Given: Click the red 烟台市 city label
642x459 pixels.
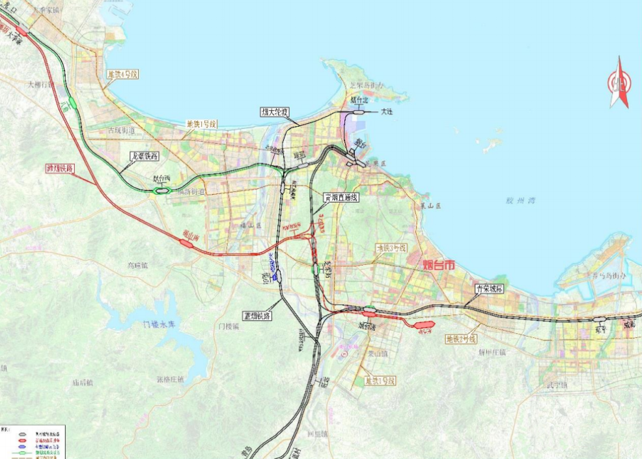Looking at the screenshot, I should pyautogui.click(x=438, y=265).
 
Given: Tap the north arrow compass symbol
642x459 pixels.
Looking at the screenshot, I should pyautogui.click(x=619, y=83).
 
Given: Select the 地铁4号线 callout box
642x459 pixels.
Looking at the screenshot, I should pyautogui.click(x=123, y=74).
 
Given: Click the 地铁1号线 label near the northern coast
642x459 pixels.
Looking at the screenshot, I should pyautogui.click(x=201, y=124).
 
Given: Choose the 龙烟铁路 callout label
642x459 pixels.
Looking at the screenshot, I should pyautogui.click(x=145, y=156).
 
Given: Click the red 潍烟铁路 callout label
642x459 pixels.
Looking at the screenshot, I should pyautogui.click(x=60, y=168).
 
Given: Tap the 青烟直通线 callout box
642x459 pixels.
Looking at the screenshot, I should pyautogui.click(x=342, y=197).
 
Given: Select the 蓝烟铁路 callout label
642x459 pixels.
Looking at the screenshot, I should pyautogui.click(x=258, y=315).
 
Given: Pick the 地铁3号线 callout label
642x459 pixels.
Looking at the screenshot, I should pyautogui.click(x=391, y=248).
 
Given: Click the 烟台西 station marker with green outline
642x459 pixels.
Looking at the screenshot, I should pyautogui.click(x=161, y=190).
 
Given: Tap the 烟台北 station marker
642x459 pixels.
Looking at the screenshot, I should pyautogui.click(x=358, y=113).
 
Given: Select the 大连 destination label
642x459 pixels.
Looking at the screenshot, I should pyautogui.click(x=387, y=112).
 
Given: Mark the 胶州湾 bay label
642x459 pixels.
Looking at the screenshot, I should pyautogui.click(x=519, y=201).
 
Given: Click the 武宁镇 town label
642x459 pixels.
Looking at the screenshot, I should pyautogui.click(x=557, y=385).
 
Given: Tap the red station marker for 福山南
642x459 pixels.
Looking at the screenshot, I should pyautogui.click(x=186, y=243).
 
